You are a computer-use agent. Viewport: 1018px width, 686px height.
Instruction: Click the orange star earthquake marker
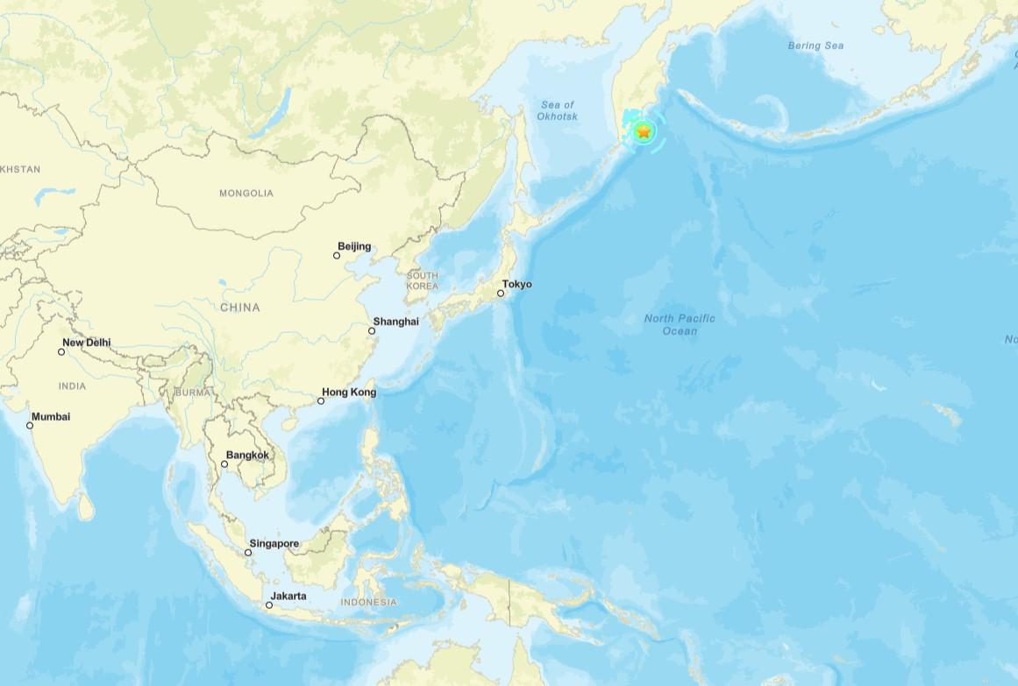click(644, 132)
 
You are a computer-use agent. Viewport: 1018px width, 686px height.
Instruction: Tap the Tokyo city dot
click(501, 293)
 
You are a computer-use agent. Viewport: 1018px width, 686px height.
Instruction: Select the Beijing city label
click(354, 246)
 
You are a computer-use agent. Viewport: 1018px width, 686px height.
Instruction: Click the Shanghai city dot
click(372, 330)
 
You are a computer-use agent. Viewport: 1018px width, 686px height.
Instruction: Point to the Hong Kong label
click(349, 392)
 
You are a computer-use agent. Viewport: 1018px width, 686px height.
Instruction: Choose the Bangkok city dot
click(224, 463)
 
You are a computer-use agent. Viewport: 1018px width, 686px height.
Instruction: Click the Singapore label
click(274, 543)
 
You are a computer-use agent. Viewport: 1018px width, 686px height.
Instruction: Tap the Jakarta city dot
click(269, 605)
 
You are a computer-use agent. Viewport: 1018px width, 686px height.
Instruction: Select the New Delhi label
click(87, 343)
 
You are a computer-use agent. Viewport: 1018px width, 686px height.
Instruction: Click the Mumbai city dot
click(30, 426)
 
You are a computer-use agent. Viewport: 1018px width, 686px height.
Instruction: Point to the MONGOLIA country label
click(246, 193)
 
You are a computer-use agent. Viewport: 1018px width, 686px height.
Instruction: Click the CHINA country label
click(239, 307)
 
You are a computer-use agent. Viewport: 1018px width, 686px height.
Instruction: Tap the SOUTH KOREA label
click(422, 280)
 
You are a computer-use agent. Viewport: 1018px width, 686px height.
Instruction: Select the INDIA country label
click(72, 385)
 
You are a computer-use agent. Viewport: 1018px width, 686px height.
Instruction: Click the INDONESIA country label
click(368, 602)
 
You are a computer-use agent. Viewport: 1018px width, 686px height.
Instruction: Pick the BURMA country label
click(193, 392)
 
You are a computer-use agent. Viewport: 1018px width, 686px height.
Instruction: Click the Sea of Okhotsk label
click(557, 110)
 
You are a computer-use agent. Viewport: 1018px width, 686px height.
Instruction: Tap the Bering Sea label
click(815, 46)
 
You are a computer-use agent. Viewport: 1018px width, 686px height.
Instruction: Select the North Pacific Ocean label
click(680, 324)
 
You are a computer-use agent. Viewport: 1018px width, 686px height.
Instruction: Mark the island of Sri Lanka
click(85, 506)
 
